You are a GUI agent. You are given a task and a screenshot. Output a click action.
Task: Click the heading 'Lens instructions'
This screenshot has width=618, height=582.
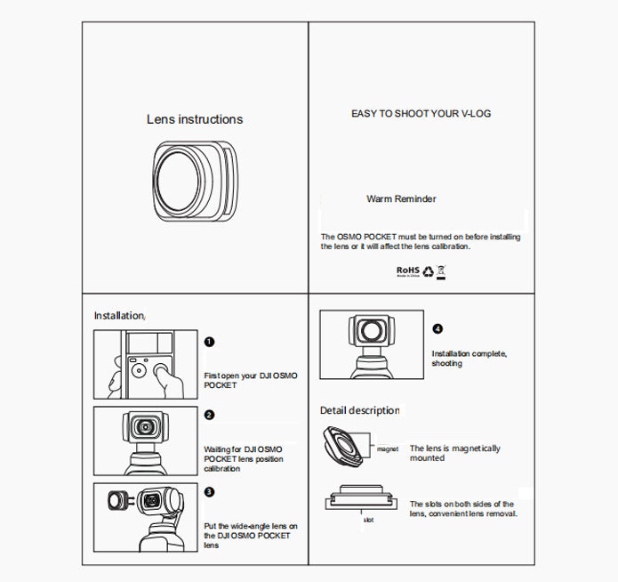tap(194, 119)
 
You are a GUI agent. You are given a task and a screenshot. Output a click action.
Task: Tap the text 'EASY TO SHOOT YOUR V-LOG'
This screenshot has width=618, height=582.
tap(421, 114)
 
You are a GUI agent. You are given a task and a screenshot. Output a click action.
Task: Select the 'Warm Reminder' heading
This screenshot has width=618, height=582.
tap(401, 199)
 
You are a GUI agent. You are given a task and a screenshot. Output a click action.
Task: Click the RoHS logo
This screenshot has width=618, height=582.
tap(407, 270)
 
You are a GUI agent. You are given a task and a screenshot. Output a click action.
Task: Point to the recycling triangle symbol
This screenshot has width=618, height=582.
tap(427, 270)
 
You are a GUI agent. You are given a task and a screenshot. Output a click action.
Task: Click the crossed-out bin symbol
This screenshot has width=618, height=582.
tap(441, 270)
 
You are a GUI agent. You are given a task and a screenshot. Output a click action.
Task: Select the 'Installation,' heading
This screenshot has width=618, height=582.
tap(119, 316)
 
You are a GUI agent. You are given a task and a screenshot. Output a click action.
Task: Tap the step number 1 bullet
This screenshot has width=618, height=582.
tap(209, 342)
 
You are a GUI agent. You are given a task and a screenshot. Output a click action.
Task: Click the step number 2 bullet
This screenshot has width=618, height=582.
tap(209, 415)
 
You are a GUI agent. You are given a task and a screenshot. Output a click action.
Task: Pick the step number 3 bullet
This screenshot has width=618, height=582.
tap(209, 491)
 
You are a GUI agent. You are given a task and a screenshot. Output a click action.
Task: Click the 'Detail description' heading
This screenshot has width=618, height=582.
tap(359, 410)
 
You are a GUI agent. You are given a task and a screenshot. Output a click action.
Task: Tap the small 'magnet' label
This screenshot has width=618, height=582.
tap(387, 450)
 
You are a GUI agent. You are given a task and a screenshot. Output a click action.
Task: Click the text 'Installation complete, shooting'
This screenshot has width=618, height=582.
tap(469, 359)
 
